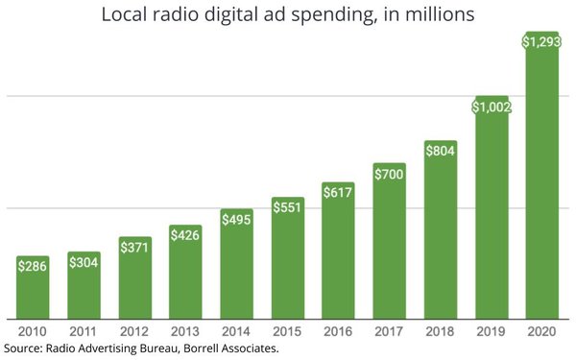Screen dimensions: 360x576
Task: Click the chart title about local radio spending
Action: click(288, 15)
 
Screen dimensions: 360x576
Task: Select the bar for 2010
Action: click(34, 288)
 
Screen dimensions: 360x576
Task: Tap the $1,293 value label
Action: click(541, 41)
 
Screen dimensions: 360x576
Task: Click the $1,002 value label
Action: click(491, 107)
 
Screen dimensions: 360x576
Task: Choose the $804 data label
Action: click(440, 151)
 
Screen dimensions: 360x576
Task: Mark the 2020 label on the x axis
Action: click(541, 331)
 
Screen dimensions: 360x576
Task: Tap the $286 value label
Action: click(34, 266)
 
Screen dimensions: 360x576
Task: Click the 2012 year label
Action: click(135, 331)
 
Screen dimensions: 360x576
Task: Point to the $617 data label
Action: click(338, 192)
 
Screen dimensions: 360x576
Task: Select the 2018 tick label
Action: click(440, 331)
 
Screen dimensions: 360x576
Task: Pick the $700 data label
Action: click(390, 174)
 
